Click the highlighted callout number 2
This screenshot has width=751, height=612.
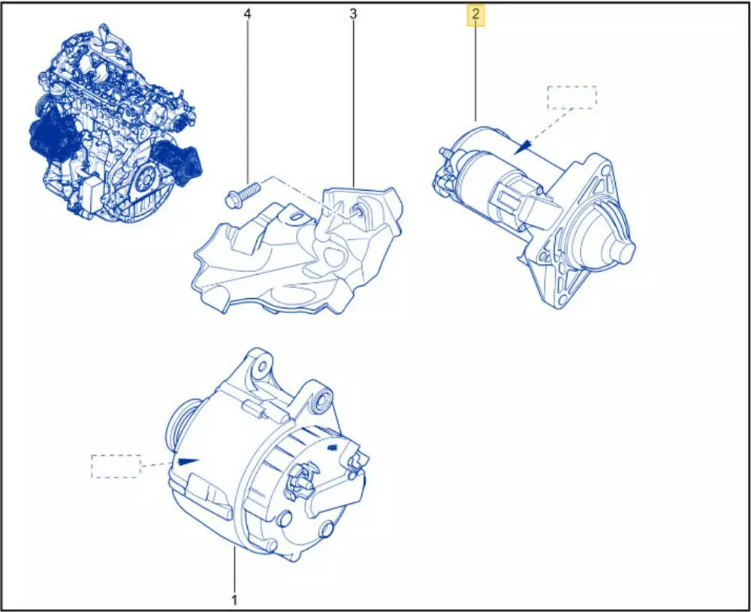475,15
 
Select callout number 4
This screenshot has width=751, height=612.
247,14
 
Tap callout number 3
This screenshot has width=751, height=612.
353,14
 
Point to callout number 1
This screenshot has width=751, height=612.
234,599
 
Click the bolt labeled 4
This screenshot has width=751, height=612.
242,194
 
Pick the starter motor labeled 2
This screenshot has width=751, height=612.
535,216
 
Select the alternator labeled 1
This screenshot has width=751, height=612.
267,455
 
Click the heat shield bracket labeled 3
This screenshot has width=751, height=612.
298,250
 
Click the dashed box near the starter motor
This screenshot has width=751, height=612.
572,97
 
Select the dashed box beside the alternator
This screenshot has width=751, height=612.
116,466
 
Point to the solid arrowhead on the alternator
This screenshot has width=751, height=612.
188,462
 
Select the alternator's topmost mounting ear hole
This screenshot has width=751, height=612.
262,366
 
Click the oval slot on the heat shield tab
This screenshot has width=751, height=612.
295,218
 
